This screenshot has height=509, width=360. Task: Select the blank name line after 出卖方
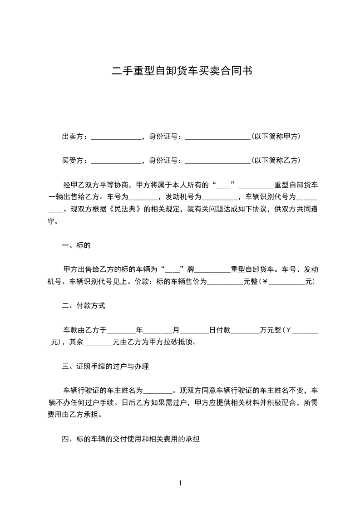point(117,137)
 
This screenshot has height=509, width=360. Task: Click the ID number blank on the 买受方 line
point(217,162)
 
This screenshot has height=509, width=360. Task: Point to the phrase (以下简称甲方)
point(276,137)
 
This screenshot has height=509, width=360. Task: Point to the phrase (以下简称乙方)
point(276,161)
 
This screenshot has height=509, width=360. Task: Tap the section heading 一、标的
point(76,246)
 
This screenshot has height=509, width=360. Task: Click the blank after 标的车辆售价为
point(225,283)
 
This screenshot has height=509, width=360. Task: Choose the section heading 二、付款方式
point(84,306)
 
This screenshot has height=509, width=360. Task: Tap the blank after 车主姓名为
point(158,392)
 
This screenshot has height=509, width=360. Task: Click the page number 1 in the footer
point(180,483)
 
